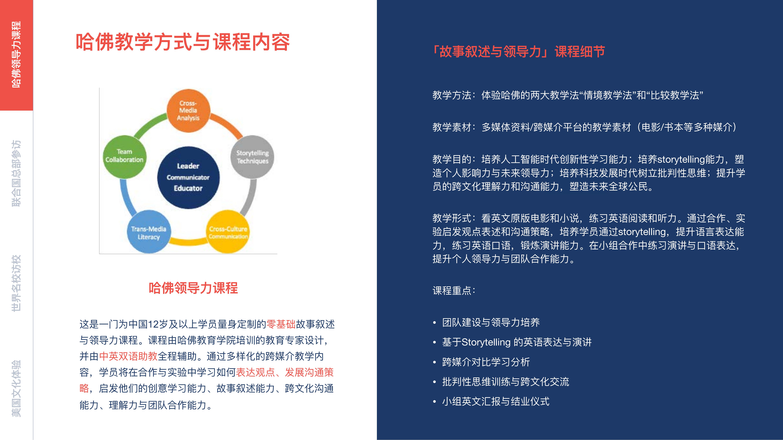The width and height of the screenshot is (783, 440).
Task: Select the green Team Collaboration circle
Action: tap(124, 157)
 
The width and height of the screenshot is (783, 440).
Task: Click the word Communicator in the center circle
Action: tap(188, 177)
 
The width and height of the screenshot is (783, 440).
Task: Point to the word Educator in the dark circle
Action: tap(188, 188)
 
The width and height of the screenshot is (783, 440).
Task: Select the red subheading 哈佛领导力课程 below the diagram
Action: tap(193, 288)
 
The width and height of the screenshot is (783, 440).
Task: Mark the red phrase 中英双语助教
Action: tap(128, 356)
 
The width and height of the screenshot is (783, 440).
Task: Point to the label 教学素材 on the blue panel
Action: tap(452, 127)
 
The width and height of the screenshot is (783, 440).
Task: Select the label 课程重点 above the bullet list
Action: tap(452, 291)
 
